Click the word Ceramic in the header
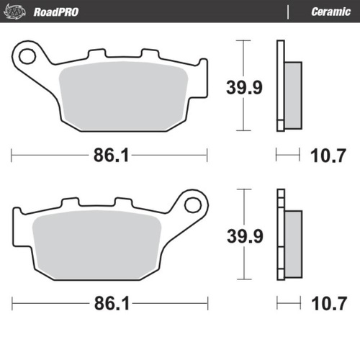(x=330, y=12)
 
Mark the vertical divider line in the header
(x=288, y=12)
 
